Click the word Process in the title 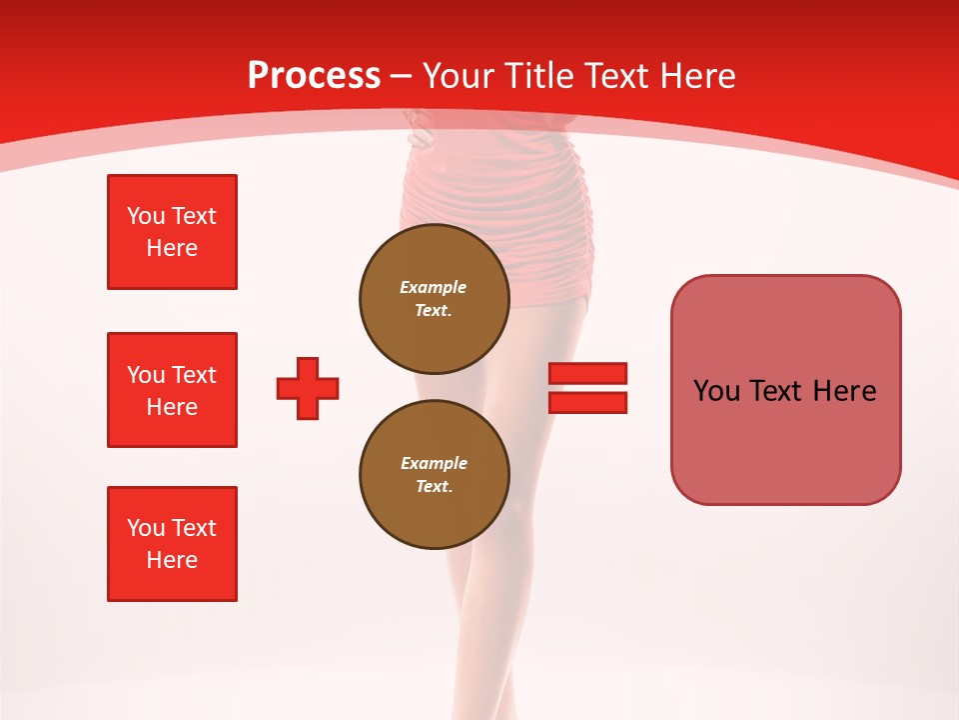tap(314, 76)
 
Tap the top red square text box tap(172, 232)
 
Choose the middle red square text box tap(172, 390)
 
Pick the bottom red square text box tap(172, 544)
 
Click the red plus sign tap(308, 388)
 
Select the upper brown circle tap(434, 298)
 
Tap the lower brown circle tap(434, 474)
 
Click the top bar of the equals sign tap(587, 374)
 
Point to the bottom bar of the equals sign tap(587, 402)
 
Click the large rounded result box tap(785, 390)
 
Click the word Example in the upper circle tap(434, 287)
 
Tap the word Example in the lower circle tap(434, 463)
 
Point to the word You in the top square tap(145, 216)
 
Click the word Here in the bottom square tap(172, 560)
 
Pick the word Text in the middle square tap(193, 375)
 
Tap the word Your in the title tap(457, 76)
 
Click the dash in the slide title tap(401, 76)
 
